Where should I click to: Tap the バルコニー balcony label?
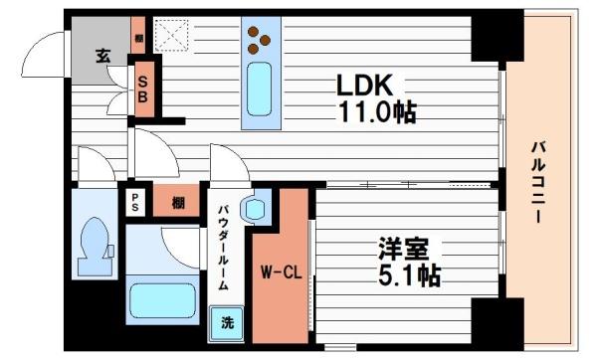537,179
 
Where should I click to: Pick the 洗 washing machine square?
228,322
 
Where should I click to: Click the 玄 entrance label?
103,56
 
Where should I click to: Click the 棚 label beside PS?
177,202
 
